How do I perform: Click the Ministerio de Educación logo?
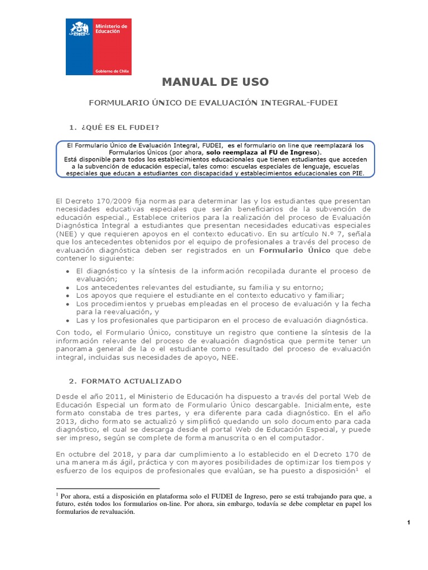pyautogui.click(x=99, y=47)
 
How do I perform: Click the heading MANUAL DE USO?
pyautogui.click(x=215, y=82)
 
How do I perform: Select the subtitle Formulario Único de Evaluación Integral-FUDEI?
pyautogui.click(x=214, y=103)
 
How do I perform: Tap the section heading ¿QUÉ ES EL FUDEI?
pyautogui.click(x=115, y=127)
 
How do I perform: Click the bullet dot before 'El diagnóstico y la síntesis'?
pyautogui.click(x=67, y=271)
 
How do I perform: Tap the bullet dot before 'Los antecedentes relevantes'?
pyautogui.click(x=67, y=287)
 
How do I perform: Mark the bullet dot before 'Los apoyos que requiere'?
pyautogui.click(x=67, y=296)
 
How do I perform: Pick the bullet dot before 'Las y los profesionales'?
pyautogui.click(x=67, y=321)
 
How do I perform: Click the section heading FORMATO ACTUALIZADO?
pyautogui.click(x=125, y=381)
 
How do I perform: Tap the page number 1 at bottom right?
pyautogui.click(x=408, y=522)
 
